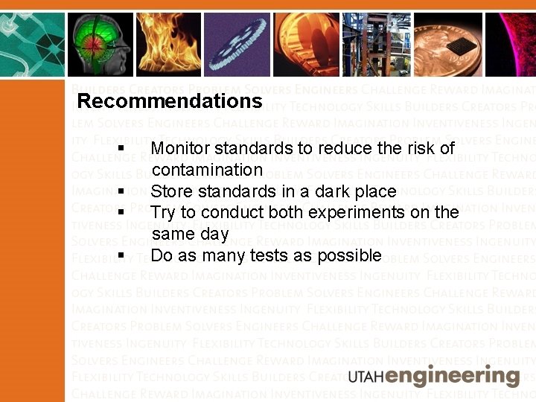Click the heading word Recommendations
point(170,100)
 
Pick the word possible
point(349,256)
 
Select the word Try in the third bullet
point(164,212)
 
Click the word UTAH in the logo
point(367,376)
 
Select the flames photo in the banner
point(157,44)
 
